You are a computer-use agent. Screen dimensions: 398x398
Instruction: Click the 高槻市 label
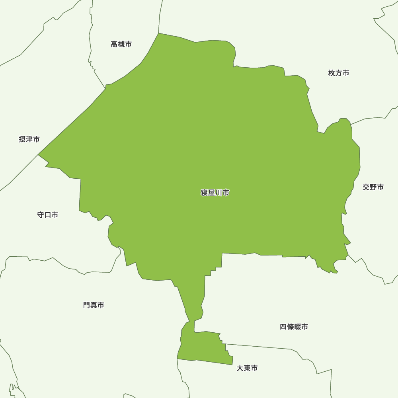[121, 44]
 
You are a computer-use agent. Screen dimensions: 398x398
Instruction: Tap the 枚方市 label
[339, 73]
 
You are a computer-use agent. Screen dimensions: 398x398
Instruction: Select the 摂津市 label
[29, 139]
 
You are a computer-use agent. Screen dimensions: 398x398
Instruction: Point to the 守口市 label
[48, 215]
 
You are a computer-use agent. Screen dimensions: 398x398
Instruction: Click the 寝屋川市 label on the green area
[215, 193]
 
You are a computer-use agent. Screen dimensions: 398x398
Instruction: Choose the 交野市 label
[373, 187]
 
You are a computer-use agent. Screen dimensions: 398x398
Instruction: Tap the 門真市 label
[94, 305]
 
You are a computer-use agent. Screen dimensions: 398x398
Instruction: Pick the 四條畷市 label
[294, 327]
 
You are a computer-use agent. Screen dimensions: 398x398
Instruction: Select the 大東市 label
[247, 368]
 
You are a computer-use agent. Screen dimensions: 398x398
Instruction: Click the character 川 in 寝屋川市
[219, 193]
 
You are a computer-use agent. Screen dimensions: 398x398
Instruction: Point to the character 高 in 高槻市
[114, 44]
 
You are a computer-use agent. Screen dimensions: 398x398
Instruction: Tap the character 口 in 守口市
[48, 215]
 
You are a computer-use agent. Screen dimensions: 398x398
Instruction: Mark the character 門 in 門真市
[87, 305]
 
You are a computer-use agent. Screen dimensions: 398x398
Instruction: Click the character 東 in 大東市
[247, 368]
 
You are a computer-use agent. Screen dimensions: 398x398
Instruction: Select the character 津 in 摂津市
[29, 139]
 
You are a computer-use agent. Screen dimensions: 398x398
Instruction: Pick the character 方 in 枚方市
[339, 73]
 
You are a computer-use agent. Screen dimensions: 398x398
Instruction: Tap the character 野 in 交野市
[373, 187]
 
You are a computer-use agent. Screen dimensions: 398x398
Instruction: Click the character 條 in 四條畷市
[290, 327]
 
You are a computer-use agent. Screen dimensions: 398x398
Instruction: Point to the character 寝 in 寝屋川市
[204, 193]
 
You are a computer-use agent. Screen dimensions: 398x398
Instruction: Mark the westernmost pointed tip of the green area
[38, 155]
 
